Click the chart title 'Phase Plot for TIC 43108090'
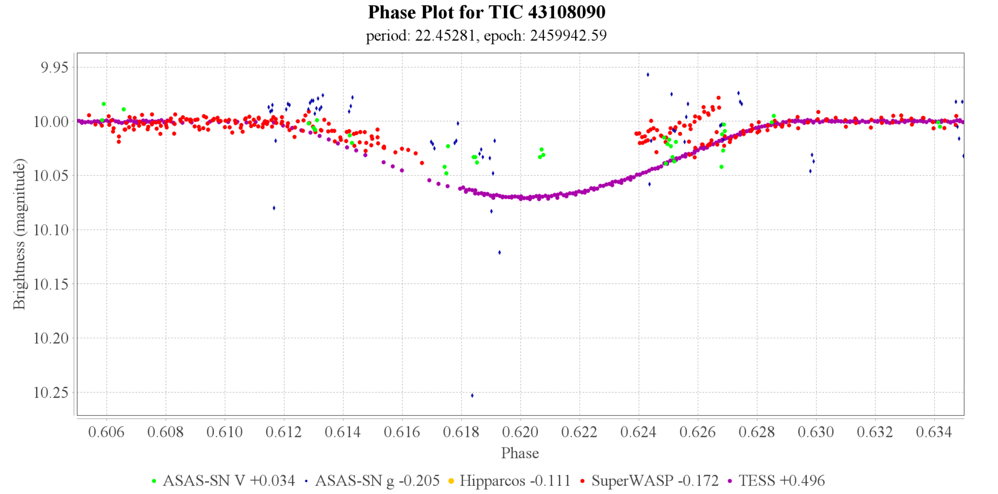[486, 12]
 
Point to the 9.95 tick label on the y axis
[51, 67]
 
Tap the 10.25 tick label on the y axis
[51, 392]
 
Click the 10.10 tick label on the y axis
[51, 230]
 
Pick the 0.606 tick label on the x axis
[106, 432]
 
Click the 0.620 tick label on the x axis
[521, 432]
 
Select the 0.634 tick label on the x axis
[934, 432]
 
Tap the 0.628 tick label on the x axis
[757, 432]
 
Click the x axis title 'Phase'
[520, 453]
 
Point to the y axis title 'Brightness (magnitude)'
[19, 234]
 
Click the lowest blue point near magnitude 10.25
[472, 396]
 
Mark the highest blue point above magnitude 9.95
[648, 75]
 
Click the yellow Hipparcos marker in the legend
[451, 480]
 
